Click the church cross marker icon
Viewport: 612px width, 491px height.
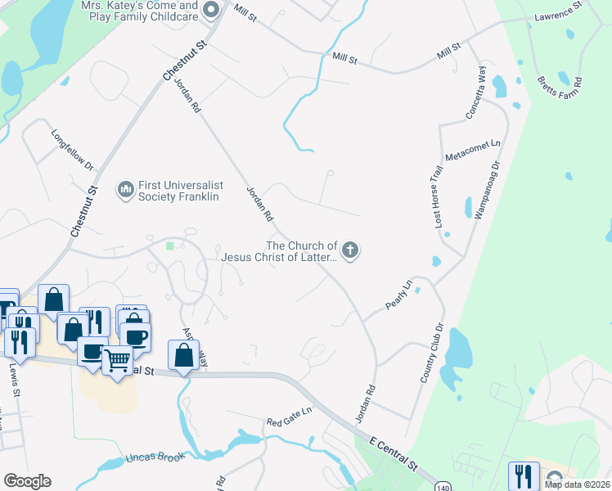350,250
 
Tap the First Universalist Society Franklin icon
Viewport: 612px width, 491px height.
126,191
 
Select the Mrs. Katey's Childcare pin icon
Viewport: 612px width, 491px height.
211,10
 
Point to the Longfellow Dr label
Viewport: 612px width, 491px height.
73,148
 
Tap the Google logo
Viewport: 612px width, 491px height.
27,481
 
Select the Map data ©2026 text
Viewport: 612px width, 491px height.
578,484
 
